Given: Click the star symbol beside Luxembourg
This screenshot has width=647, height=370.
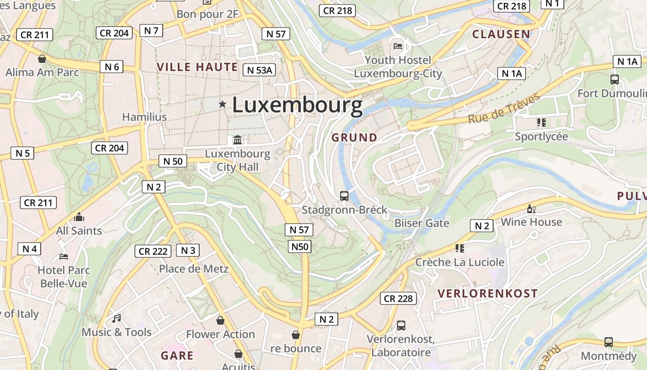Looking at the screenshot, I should [222, 105].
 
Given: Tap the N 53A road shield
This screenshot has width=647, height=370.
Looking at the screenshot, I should [259, 70].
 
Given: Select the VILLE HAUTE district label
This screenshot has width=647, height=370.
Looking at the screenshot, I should [197, 67].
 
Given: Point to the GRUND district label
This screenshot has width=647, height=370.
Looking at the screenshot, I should [354, 137].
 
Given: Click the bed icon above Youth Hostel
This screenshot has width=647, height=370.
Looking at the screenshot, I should [398, 46].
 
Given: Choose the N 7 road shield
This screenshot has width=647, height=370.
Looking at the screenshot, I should [151, 31].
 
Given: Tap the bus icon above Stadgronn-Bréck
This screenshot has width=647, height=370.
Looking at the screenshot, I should [344, 196].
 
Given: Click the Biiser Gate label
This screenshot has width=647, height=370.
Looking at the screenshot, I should [421, 223].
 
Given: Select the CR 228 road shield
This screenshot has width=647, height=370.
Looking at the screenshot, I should [398, 298].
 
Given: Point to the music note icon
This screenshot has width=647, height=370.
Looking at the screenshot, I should [116, 318].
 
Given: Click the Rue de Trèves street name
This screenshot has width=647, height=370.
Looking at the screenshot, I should [504, 109].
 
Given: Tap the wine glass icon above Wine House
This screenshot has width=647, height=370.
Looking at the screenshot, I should [531, 209].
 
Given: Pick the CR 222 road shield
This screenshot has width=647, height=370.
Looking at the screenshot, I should [153, 251].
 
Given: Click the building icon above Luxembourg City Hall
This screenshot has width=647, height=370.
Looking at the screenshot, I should [238, 140].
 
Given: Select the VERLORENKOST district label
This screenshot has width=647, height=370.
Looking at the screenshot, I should [488, 293].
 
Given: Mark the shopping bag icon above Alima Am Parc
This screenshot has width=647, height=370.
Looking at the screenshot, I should [42, 59].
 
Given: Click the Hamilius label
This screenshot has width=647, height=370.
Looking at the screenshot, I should [144, 117].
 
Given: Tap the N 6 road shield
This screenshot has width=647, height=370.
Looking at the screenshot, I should [112, 67].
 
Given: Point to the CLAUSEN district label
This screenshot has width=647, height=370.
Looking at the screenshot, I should [501, 34].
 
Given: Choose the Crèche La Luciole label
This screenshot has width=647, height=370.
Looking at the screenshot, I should [460, 262].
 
